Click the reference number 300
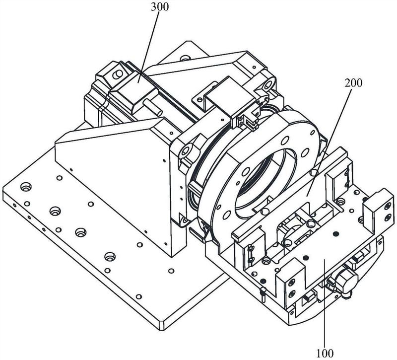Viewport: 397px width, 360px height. click(x=159, y=7)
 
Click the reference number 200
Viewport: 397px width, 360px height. click(x=353, y=83)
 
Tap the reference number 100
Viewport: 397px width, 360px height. click(x=325, y=353)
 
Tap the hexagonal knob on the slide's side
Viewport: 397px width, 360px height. click(x=345, y=281)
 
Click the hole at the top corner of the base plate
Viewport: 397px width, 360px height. click(x=185, y=58)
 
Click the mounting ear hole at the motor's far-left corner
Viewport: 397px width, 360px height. click(x=118, y=73)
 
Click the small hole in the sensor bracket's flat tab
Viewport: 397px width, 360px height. click(x=200, y=99)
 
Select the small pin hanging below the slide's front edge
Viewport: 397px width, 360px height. click(x=263, y=293)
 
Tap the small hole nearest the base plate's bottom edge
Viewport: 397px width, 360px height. click(x=138, y=296)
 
